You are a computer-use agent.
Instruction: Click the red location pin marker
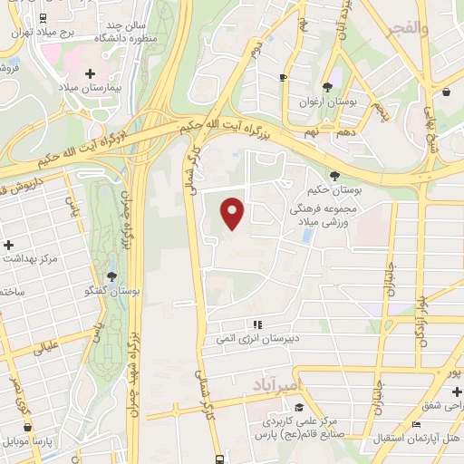[x=234, y=214]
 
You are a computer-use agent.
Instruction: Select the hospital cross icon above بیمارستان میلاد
[x=89, y=73]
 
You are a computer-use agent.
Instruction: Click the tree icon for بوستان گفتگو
[x=111, y=275]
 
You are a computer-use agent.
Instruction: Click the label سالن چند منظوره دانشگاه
[x=150, y=33]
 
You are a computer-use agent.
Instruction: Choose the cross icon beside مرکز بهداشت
[x=9, y=246]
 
